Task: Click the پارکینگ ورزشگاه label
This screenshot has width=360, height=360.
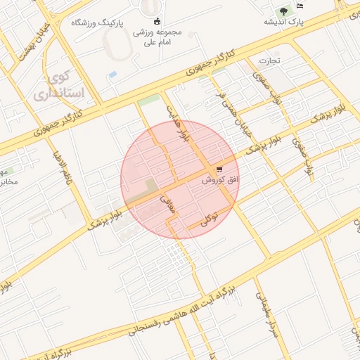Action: click(97, 23)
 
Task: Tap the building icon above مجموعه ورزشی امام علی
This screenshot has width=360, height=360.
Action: click(156, 20)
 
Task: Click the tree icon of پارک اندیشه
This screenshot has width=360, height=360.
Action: click(283, 11)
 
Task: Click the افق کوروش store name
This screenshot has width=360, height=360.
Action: click(221, 181)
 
